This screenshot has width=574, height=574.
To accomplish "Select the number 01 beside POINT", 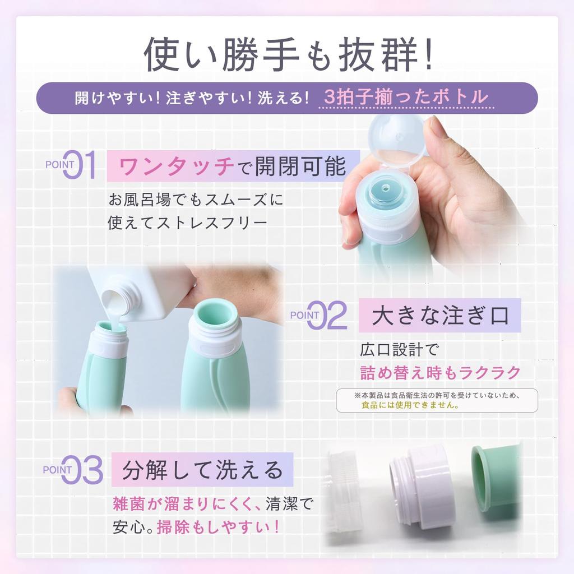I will (x=81, y=165).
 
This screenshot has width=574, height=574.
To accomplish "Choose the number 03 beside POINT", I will (x=82, y=470).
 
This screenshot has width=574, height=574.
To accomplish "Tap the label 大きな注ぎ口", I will (x=441, y=316).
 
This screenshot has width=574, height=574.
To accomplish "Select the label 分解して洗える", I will (x=202, y=470).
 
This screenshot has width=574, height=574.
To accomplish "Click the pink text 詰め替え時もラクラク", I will (x=440, y=372).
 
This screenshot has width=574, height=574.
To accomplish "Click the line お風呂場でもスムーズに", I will (x=196, y=200).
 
